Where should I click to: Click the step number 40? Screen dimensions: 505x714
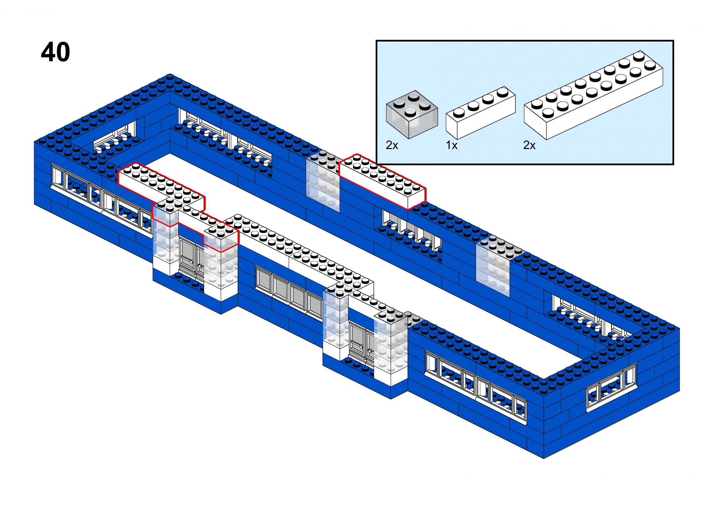click(56, 52)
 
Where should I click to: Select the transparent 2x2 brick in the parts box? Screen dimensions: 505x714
click(412, 114)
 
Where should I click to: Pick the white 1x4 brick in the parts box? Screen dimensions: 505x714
click(481, 113)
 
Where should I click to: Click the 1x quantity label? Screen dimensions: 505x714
click(452, 145)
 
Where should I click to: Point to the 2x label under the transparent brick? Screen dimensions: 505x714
click(392, 145)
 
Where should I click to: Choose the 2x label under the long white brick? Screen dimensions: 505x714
click(529, 145)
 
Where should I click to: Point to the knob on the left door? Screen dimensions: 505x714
click(199, 266)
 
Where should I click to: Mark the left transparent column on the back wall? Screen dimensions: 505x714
click(323, 182)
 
